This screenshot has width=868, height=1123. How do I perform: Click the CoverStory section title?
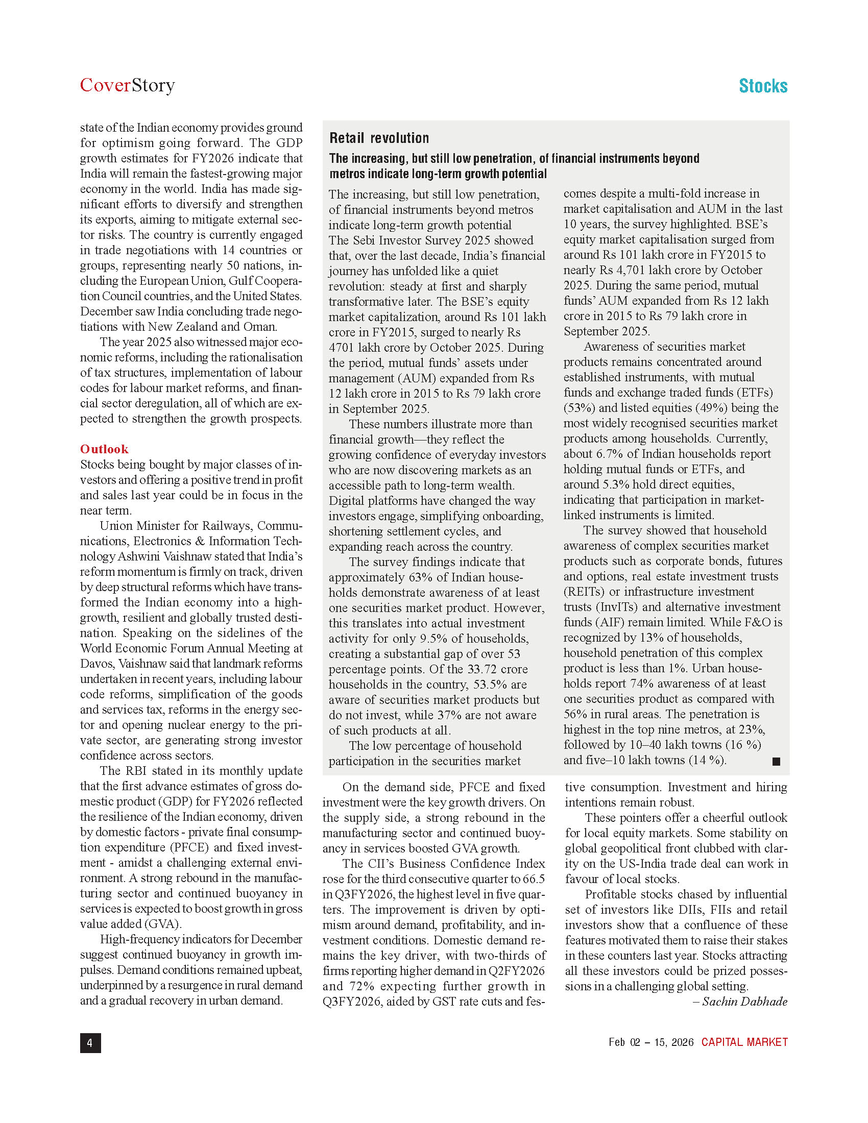[x=127, y=85]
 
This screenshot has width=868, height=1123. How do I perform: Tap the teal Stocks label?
[x=763, y=86]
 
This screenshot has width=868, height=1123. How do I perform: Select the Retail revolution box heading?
[x=379, y=138]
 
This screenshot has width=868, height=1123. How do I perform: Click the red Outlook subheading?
[x=104, y=449]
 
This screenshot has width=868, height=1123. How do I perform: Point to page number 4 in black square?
[x=90, y=1043]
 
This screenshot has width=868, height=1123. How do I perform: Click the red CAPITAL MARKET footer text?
[x=744, y=1042]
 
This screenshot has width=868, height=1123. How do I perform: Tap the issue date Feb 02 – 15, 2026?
[x=650, y=1042]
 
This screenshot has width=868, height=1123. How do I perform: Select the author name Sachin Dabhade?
[x=744, y=1001]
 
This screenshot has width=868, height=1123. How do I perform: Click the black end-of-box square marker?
[x=776, y=762]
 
